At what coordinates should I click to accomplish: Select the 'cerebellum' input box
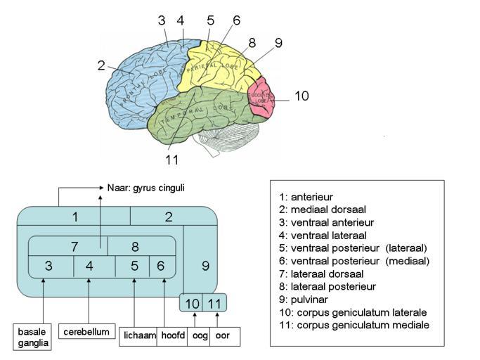pyautogui.click(x=86, y=331)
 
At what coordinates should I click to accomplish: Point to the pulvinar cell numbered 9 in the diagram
pyautogui.click(x=205, y=266)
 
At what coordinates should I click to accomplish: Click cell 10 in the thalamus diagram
pyautogui.click(x=193, y=303)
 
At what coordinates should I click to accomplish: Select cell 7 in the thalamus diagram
pyautogui.click(x=74, y=247)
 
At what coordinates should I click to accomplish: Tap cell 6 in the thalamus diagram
pyautogui.click(x=161, y=266)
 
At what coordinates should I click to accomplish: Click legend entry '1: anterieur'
pyautogui.click(x=306, y=198)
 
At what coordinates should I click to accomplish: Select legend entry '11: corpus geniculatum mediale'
pyautogui.click(x=353, y=324)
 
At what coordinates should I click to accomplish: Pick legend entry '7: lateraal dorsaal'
pyautogui.click(x=320, y=274)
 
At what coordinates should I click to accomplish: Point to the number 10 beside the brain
pyautogui.click(x=301, y=96)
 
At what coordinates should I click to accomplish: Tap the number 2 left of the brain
pyautogui.click(x=101, y=65)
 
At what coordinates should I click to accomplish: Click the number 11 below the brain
pyautogui.click(x=172, y=160)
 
